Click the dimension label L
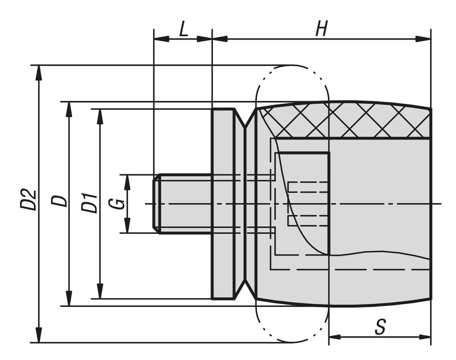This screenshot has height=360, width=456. coord(184,30)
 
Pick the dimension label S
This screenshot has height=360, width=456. coord(380,327)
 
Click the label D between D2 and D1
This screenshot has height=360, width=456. coord(59,201)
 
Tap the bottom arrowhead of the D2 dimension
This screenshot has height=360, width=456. coord(38,335)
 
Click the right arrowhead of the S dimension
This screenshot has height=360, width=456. coord(424,337)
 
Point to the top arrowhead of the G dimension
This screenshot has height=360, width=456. coord(127,182)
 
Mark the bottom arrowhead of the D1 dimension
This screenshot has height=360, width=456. coord(100,291)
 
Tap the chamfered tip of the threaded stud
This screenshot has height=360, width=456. coord(156,203)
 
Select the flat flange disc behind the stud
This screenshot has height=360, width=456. coord(223,203)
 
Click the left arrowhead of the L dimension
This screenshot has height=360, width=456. coord(161,39)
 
